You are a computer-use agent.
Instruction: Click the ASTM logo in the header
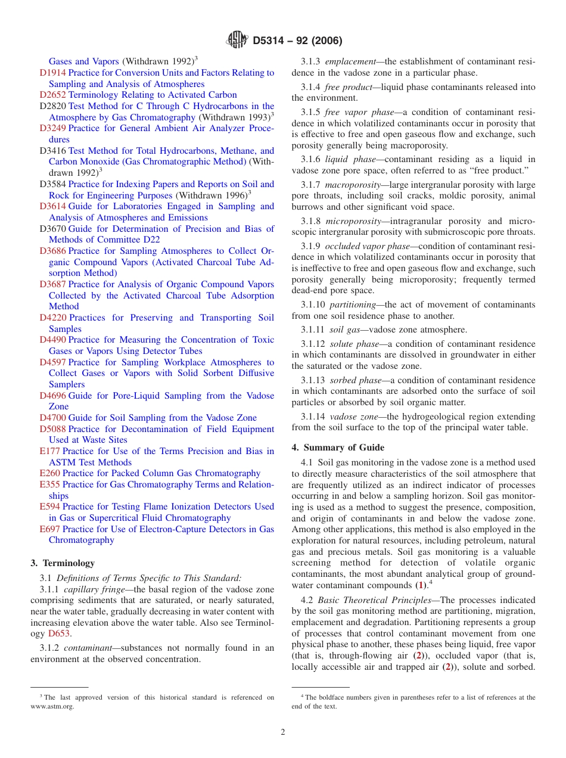[x=238, y=41]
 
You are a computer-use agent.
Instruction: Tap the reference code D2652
[x=52, y=95]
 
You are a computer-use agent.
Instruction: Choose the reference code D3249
[x=52, y=128]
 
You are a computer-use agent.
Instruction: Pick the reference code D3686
[x=52, y=251]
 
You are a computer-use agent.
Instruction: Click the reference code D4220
[x=52, y=318]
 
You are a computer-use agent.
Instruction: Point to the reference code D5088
[x=52, y=429]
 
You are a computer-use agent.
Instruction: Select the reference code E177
[x=49, y=451]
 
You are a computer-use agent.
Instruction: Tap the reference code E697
[x=49, y=529]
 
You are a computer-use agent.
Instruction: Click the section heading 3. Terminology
[x=63, y=563]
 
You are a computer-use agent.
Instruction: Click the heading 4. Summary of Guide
[x=338, y=448]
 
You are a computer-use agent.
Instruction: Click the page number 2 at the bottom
[x=283, y=732]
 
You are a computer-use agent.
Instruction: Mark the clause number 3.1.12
[x=312, y=344]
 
